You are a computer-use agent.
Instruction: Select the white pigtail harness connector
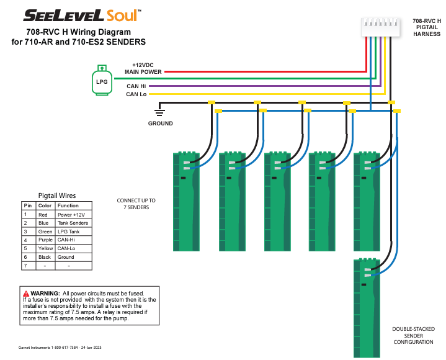[380, 26]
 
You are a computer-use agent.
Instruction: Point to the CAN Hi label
[136, 86]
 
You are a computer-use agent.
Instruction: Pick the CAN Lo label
[136, 94]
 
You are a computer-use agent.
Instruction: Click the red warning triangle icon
[26, 293]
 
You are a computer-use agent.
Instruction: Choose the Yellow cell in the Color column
[45, 248]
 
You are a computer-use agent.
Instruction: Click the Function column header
[68, 205]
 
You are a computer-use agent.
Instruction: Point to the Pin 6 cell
[27, 257]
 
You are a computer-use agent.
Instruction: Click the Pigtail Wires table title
[57, 195]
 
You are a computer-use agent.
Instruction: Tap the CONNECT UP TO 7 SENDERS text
[136, 204]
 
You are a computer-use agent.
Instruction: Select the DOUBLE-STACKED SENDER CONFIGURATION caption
[413, 336]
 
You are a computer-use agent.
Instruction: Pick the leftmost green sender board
[185, 202]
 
